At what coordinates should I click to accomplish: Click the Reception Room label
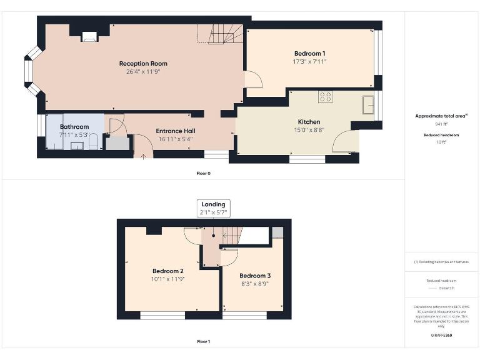(x=143, y=64)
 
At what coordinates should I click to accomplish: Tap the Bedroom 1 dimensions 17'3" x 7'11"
(x=309, y=62)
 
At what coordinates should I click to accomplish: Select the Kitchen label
(x=309, y=122)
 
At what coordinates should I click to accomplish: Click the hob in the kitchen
(x=326, y=97)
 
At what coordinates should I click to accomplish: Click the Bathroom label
(x=74, y=127)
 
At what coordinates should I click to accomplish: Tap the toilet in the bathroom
(x=93, y=144)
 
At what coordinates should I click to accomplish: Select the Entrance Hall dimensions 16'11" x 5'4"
(x=175, y=139)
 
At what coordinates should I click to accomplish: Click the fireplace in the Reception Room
(x=89, y=37)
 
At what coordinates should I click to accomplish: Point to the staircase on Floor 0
(x=222, y=34)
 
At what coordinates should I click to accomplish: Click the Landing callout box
(x=214, y=208)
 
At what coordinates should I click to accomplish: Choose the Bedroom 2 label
(x=167, y=271)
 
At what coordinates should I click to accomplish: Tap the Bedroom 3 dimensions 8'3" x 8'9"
(x=255, y=284)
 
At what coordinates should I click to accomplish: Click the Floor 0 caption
(x=203, y=173)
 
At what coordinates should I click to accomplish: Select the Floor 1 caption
(x=203, y=342)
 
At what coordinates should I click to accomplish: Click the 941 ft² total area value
(x=441, y=124)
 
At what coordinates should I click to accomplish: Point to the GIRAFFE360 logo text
(x=441, y=336)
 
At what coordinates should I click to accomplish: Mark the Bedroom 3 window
(x=244, y=316)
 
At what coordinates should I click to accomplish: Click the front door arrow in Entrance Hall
(x=143, y=155)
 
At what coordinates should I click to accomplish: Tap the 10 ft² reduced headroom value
(x=441, y=142)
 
